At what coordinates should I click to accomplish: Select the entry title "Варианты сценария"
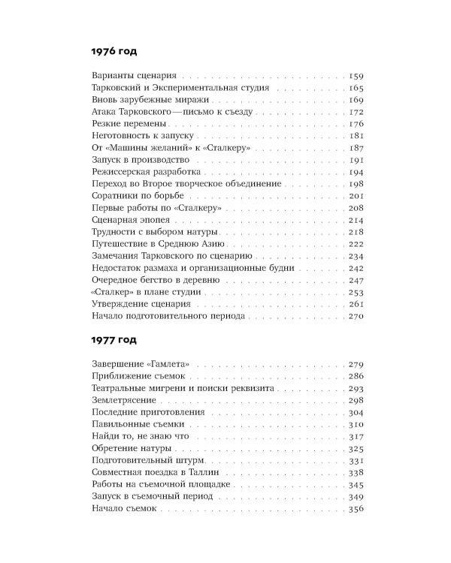point(132,77)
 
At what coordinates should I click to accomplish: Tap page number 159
point(356,77)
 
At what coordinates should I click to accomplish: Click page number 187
point(356,148)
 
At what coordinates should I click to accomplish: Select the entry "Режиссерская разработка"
point(141,172)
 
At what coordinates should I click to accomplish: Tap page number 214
point(356,220)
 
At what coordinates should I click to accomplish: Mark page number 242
point(356,268)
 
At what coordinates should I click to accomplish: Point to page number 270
point(356,315)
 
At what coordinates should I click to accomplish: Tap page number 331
point(356,460)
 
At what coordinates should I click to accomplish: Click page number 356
point(356,508)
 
